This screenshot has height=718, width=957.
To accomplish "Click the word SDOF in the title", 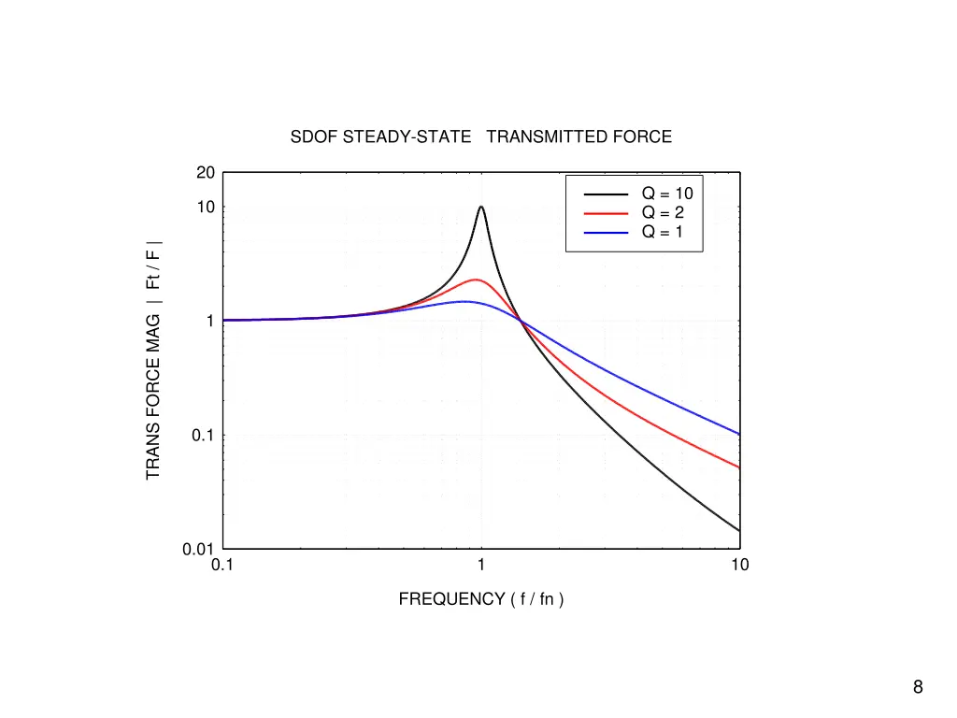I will coord(315,136).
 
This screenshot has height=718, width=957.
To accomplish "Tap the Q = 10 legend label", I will coord(666,194).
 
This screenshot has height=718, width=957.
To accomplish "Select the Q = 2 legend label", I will coord(663,213).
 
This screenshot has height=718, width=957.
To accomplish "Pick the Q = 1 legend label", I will coord(663,232).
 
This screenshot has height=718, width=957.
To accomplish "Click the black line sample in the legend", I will coord(606,194).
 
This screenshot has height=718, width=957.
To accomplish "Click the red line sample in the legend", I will coord(606,213).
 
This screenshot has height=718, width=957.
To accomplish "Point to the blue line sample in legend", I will coord(606,232).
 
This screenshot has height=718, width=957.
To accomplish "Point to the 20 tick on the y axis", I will coord(206,172).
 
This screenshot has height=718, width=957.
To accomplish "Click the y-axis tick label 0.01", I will coord(199,550).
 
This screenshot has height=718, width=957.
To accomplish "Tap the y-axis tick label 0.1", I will coord(203,436).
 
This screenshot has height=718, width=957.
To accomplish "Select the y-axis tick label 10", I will coord(206,207).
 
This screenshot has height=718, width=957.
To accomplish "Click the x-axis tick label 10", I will coord(739,565).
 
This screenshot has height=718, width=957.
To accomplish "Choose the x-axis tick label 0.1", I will coord(222,565).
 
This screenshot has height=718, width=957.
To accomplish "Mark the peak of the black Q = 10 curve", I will coord(480,207).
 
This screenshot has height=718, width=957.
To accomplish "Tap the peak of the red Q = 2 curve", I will coord(476,280).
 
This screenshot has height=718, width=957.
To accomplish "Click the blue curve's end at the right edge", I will coord(738,434).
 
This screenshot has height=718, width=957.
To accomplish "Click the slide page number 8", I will coord(918,688).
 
